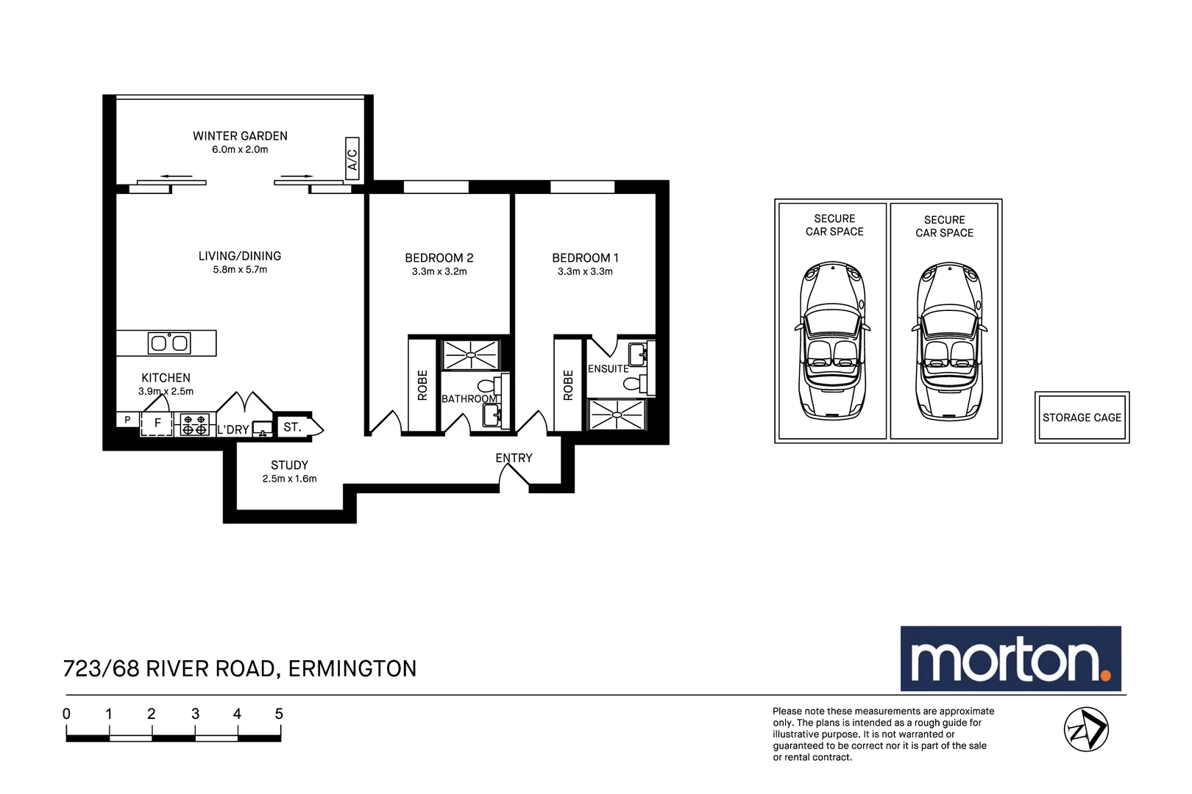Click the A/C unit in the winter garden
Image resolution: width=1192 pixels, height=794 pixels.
tap(352, 158)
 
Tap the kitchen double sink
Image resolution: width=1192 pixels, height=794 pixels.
tap(170, 343)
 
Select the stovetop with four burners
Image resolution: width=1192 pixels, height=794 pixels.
tap(195, 425)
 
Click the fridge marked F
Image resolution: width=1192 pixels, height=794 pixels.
tap(157, 423)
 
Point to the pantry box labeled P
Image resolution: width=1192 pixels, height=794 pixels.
tap(127, 420)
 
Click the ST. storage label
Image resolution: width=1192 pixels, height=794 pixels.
tap(292, 426)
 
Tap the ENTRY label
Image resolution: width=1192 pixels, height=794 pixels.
tap(514, 458)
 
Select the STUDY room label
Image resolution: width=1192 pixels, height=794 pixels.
tap(289, 465)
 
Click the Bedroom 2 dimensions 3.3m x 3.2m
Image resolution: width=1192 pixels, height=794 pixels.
tap(439, 271)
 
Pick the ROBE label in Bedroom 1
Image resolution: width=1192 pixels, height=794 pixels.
tap(568, 385)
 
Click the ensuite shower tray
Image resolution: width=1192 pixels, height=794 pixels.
tap(617, 415)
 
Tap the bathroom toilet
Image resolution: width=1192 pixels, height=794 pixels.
tap(488, 385)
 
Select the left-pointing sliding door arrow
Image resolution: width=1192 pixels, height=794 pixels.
tap(175, 176)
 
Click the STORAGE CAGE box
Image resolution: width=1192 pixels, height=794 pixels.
tap(1082, 418)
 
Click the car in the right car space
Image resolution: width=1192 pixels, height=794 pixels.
tap(949, 341)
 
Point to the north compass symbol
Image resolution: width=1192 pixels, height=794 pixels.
tap(1086, 729)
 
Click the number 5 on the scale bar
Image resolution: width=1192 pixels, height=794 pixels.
tap(279, 714)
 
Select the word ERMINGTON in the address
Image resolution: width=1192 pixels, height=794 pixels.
tap(352, 668)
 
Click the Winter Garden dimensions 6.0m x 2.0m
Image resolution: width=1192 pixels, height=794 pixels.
tap(240, 149)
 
